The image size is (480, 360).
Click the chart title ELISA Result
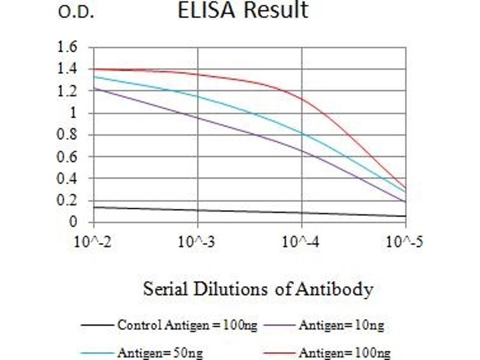point(242,10)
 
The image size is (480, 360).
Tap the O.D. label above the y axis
point(76,13)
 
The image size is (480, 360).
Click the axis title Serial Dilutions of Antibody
point(258,290)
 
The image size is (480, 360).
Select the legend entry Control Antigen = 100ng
point(187,326)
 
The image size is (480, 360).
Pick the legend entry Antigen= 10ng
point(341,326)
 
